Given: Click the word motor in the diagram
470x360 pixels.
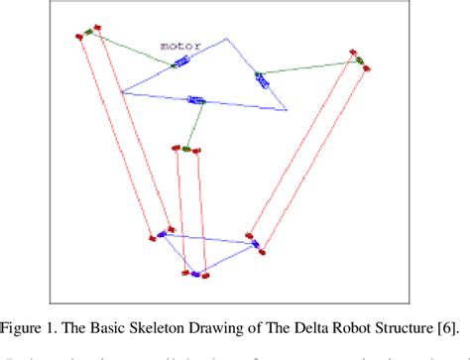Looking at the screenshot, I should (180, 46).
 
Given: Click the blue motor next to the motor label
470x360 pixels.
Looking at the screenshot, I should (180, 63).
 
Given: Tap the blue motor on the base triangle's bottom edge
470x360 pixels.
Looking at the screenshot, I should (196, 100).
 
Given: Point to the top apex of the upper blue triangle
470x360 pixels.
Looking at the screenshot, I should (227, 39).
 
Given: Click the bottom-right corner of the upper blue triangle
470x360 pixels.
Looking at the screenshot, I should (288, 111).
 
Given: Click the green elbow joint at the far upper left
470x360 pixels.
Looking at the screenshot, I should (88, 33).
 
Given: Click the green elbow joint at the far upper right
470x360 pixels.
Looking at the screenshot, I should (358, 63).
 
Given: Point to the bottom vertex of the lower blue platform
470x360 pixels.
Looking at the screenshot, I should (196, 273).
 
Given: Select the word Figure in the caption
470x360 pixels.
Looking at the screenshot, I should (31, 308).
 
